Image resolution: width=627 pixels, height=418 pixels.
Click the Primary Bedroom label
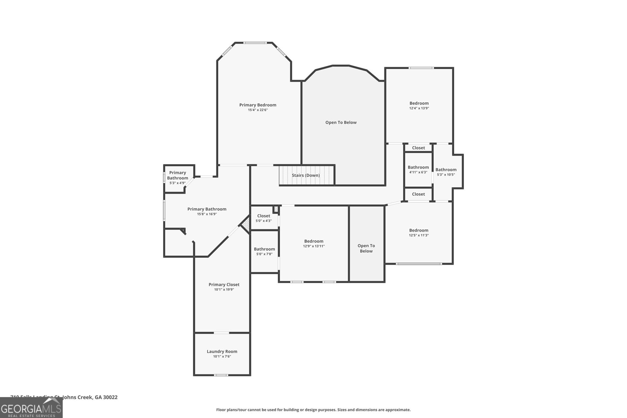[x=257, y=105]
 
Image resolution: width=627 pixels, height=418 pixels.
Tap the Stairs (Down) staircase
[x=306, y=175]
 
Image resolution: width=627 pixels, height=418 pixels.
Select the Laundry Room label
[x=222, y=351]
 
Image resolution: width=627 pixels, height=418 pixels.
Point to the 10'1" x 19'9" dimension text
[x=224, y=290]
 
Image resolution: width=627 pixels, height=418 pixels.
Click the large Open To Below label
[x=341, y=122]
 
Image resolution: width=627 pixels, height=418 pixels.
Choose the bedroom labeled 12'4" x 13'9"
[x=419, y=105]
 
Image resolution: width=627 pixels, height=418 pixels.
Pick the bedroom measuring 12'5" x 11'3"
[x=419, y=232]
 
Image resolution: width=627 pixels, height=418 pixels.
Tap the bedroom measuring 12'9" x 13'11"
[x=313, y=243]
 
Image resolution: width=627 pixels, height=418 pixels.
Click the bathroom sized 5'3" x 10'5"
[x=446, y=172]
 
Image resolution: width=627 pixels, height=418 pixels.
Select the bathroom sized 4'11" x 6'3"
[x=418, y=170]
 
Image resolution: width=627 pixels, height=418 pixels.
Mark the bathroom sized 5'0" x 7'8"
[x=264, y=251]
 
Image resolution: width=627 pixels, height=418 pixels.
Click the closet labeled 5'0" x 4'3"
[x=263, y=218]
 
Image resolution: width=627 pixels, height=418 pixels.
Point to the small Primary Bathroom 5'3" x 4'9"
[x=178, y=177]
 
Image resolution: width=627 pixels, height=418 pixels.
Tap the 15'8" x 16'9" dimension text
[x=207, y=214]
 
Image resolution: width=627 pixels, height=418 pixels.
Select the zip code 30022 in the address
[x=110, y=397]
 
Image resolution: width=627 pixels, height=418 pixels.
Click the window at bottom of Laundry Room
[x=221, y=375]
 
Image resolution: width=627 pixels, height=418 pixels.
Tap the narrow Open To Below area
[x=366, y=248]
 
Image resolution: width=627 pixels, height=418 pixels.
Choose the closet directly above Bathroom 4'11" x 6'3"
[x=418, y=148]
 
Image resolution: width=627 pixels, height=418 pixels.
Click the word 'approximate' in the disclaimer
[x=398, y=410]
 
